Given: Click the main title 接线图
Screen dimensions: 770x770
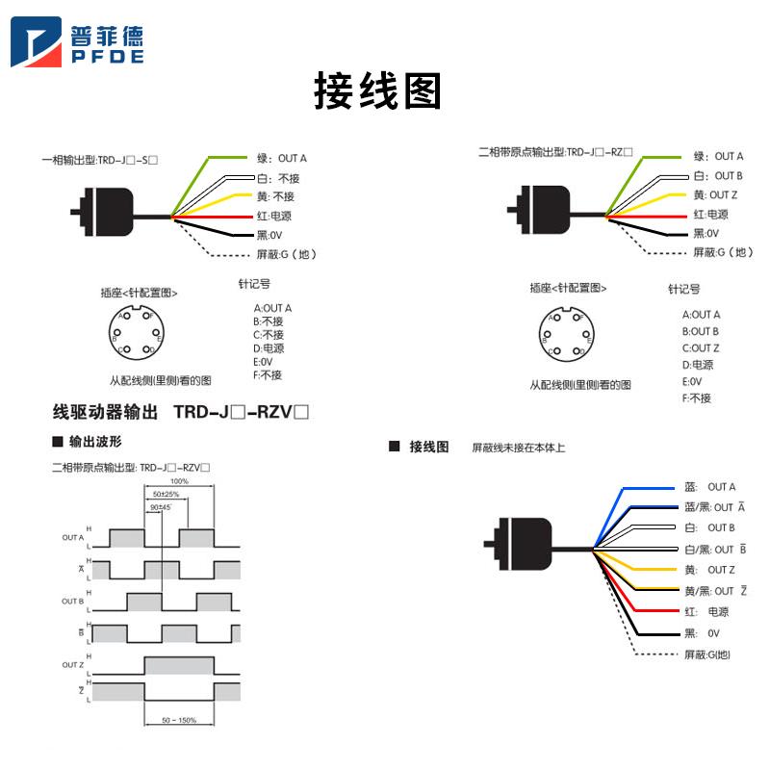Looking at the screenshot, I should coord(377,91).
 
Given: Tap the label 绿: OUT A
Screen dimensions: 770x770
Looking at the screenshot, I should coord(282,157).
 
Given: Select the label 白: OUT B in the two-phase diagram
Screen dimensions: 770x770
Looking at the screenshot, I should coord(718,176).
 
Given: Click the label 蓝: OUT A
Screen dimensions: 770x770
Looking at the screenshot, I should coord(709,487).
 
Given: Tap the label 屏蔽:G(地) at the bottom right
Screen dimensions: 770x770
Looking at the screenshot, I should coord(707,655).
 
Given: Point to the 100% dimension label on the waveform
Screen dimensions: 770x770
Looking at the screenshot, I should coord(179,480).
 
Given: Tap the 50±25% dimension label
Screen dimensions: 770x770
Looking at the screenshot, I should coord(165,494).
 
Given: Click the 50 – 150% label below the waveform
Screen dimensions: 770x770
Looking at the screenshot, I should coord(179,720).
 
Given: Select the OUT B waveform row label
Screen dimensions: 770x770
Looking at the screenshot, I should coord(73,601).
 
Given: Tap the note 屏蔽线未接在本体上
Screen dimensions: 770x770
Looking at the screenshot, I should coord(518,448).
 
